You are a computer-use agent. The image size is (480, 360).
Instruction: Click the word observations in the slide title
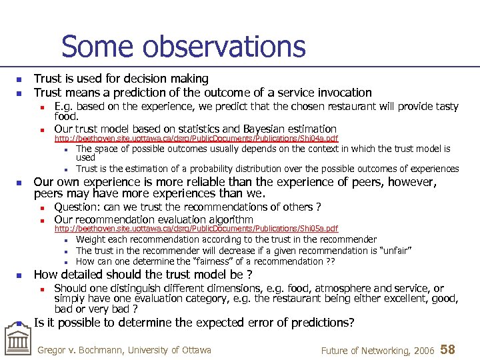click(228, 47)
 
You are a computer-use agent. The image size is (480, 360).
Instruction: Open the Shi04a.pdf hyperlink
click(196, 139)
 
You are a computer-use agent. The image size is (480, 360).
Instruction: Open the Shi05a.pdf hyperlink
click(196, 229)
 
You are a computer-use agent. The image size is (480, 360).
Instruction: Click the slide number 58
click(448, 350)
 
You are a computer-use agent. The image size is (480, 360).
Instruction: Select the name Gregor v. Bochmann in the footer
click(81, 350)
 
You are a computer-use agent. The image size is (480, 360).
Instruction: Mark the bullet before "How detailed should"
click(20, 275)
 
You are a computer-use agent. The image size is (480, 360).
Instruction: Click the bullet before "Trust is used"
click(20, 79)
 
